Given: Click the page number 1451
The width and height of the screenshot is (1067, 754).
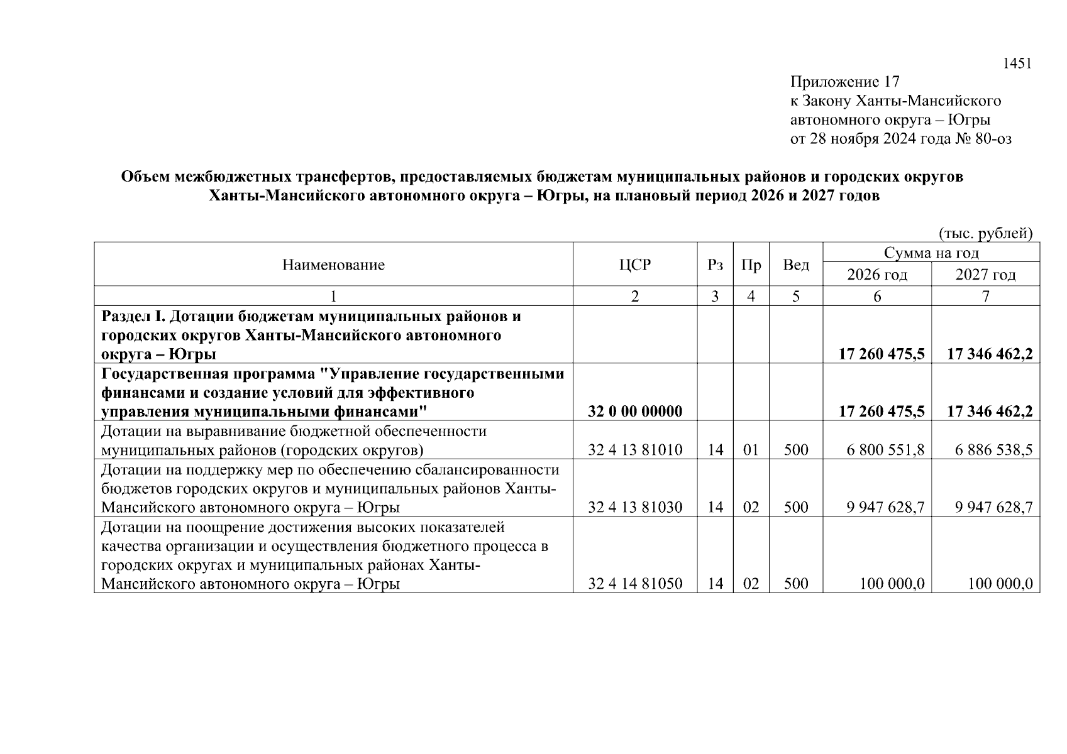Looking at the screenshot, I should (x=1017, y=63).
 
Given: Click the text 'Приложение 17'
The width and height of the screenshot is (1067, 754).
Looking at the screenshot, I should (x=844, y=82).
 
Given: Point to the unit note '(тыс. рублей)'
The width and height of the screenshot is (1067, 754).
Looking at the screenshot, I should (x=985, y=234).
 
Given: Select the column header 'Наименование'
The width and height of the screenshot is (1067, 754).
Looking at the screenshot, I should (x=333, y=265).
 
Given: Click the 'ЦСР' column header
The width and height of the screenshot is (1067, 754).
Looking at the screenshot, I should (x=634, y=265).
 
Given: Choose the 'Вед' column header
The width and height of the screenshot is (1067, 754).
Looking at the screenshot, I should (x=795, y=265).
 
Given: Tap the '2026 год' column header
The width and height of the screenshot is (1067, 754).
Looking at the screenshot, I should (x=877, y=275).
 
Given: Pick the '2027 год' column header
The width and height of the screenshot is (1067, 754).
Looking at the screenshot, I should (x=985, y=275).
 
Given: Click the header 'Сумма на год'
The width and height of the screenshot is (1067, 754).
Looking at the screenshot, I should (x=931, y=253).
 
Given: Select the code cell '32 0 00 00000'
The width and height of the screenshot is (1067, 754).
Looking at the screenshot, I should (x=635, y=412).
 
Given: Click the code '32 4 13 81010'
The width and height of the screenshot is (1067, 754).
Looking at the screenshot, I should (x=635, y=450).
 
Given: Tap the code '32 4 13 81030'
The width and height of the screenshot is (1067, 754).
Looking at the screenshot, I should (x=635, y=507).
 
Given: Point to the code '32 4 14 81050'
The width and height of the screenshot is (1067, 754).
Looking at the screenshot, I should (x=635, y=584).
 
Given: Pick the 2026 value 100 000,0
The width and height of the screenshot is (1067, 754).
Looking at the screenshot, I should (x=892, y=584).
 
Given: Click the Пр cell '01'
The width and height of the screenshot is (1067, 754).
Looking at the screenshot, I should (x=751, y=450).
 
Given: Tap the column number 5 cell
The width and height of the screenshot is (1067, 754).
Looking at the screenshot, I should (x=795, y=296).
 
